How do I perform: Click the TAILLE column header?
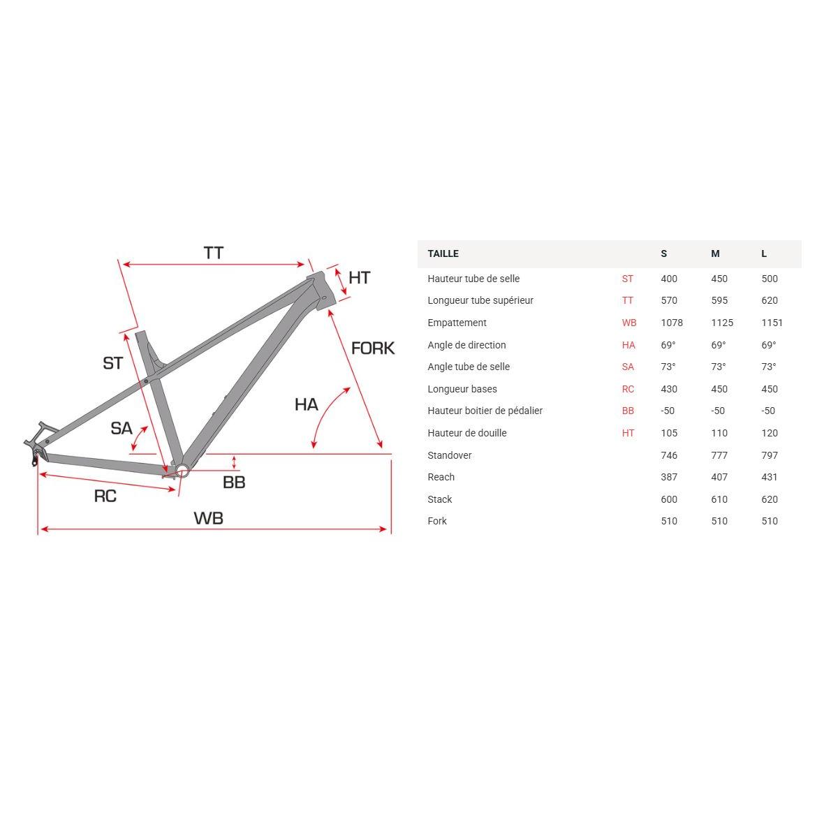443,253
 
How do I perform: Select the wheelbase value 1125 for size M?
721,323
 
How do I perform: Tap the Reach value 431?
769,477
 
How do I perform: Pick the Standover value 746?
669,455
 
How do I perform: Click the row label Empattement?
457,323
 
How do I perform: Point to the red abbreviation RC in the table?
628,389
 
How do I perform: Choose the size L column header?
764,253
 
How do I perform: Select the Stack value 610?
719,499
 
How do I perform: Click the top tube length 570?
669,300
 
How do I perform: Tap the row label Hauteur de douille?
467,433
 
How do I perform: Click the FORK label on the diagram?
373,348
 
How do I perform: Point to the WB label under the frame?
208,518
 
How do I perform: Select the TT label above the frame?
214,253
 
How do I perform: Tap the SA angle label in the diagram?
122,428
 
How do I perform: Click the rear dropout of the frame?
35,450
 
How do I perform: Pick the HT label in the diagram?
359,278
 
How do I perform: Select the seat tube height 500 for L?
769,279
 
